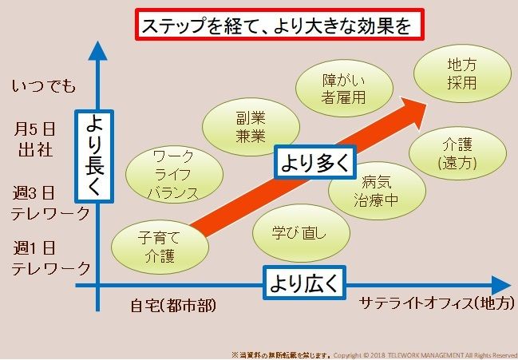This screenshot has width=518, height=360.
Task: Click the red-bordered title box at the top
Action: (276, 26)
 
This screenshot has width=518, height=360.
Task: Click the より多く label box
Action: (314, 163)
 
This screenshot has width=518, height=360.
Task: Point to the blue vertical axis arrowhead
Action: (97, 50)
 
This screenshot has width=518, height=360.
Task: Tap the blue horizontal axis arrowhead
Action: (500, 286)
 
